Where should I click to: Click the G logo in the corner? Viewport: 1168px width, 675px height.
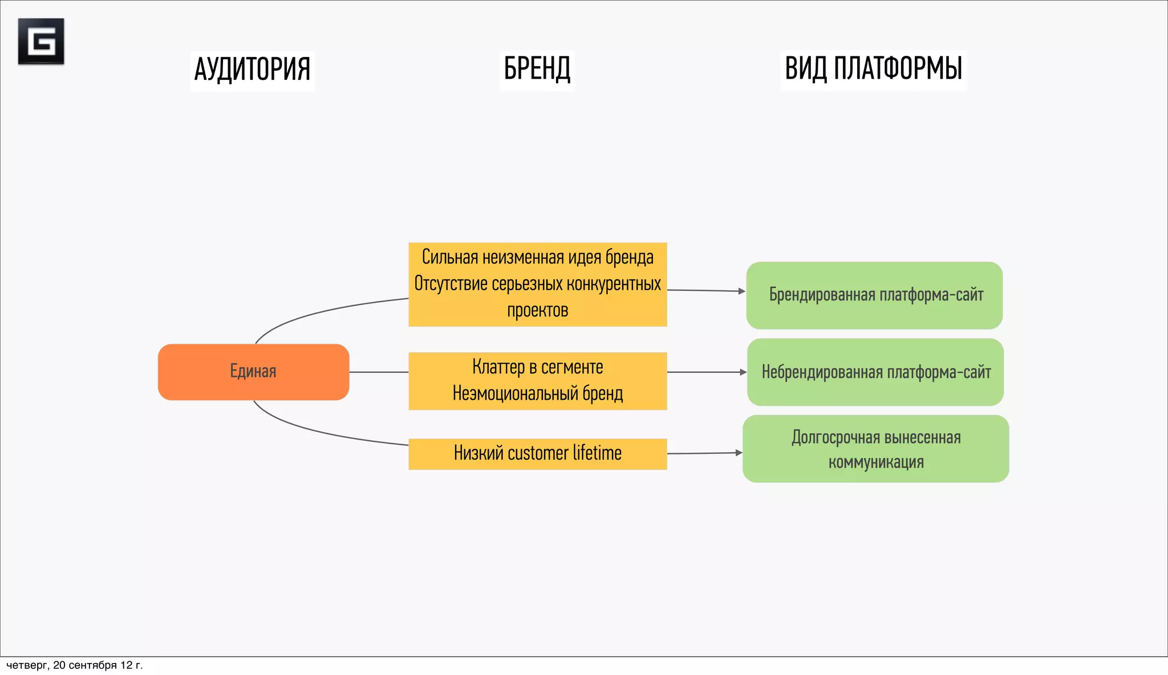tap(41, 41)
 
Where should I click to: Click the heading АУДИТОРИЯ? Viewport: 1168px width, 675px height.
tap(252, 70)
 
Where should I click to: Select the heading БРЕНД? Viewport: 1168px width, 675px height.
tap(537, 69)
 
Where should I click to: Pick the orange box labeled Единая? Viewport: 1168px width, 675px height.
tap(253, 372)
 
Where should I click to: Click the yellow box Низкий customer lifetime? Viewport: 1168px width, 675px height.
tap(537, 454)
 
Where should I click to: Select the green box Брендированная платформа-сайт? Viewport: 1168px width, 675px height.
tap(874, 295)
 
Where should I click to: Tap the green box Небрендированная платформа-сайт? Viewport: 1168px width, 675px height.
tap(875, 372)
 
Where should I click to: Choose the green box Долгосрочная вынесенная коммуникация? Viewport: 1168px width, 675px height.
tap(875, 449)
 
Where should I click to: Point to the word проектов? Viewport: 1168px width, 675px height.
tap(537, 311)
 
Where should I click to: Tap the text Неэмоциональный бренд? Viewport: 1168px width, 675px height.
tap(537, 393)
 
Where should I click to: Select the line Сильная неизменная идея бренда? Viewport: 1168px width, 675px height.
tap(537, 258)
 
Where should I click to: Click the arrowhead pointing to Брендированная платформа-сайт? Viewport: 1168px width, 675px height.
tap(741, 291)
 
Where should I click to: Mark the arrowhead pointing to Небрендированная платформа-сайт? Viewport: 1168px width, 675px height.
tap(743, 372)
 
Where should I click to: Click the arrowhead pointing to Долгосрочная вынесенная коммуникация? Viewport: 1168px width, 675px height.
tap(739, 453)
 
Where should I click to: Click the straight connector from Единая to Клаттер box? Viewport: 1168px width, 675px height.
tap(379, 372)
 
